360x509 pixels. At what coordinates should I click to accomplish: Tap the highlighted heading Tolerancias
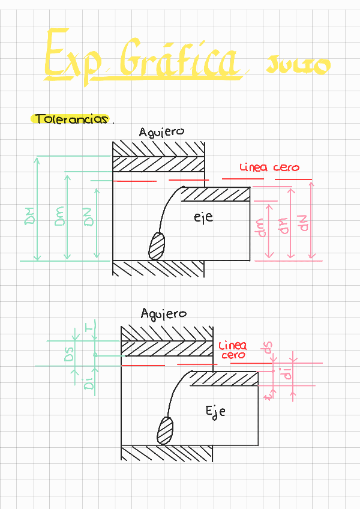tap(71, 119)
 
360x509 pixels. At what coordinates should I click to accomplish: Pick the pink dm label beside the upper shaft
tap(261, 227)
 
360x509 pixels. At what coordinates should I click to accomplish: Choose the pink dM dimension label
tap(282, 225)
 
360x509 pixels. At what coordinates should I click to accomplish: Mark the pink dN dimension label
tap(302, 223)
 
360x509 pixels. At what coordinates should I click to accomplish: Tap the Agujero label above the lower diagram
tap(163, 314)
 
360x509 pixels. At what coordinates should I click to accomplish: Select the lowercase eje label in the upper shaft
tap(203, 218)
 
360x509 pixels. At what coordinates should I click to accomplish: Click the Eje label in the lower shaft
tap(215, 412)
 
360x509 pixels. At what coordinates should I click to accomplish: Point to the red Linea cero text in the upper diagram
tap(269, 167)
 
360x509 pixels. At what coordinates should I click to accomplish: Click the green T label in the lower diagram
tap(89, 327)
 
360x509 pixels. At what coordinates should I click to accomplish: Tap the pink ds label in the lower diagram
tap(268, 348)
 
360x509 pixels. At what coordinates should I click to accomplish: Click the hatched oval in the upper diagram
tap(157, 245)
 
